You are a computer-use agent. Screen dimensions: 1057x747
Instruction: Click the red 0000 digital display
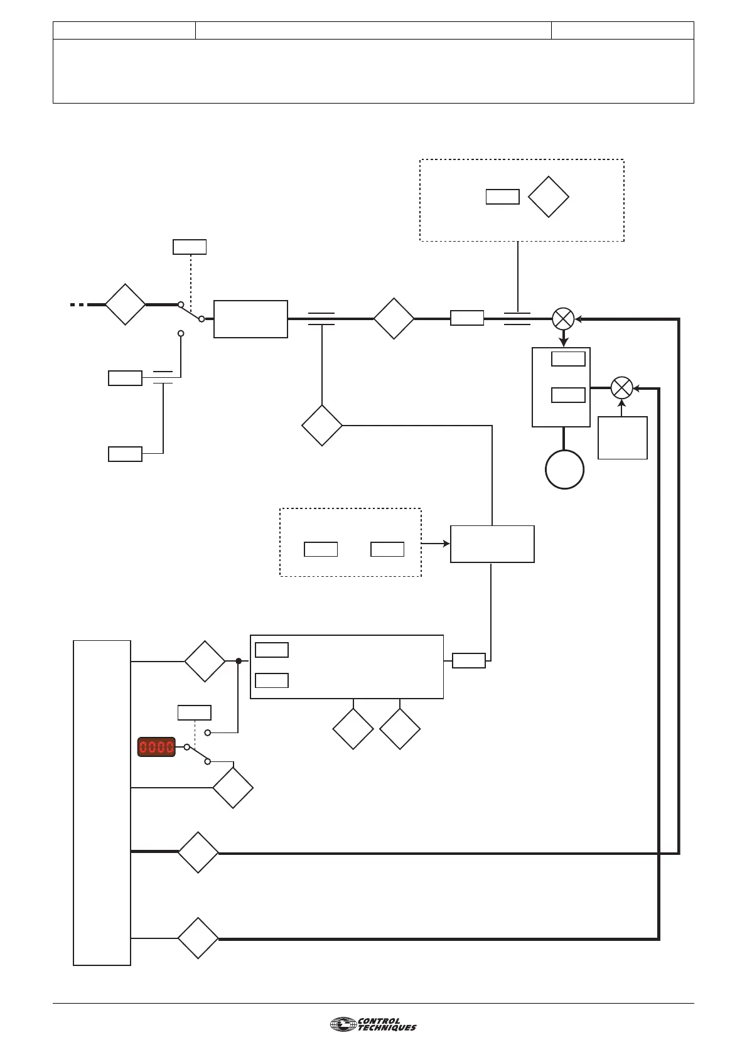coord(156,747)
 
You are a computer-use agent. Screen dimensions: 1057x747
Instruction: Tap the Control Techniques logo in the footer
coord(373,1025)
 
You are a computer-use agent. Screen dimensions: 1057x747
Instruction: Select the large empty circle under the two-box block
coord(564,469)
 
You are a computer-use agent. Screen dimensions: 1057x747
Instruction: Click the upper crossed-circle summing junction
coord(563,319)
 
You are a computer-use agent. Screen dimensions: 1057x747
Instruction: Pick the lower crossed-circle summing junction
coord(621,387)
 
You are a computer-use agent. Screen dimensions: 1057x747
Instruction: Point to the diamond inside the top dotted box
coord(549,196)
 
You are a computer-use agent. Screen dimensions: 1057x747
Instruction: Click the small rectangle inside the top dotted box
coord(502,196)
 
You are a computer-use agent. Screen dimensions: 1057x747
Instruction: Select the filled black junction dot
coord(239,661)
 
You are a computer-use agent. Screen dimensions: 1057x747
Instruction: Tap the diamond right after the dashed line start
coord(125,304)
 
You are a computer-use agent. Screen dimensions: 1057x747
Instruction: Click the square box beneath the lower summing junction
coord(622,437)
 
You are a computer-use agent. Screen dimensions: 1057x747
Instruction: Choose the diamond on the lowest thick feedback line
coord(198,938)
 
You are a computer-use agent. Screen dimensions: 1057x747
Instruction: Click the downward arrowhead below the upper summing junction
coord(563,342)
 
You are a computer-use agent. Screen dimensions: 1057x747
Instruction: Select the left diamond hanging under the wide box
coord(353,729)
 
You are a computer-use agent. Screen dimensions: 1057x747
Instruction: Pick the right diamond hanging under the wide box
coord(400,729)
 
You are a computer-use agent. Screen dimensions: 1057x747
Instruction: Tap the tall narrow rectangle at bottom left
coord(102,802)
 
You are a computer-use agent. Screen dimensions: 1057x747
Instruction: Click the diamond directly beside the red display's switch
coord(233,788)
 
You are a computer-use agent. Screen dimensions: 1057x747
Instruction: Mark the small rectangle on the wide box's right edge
coord(468,660)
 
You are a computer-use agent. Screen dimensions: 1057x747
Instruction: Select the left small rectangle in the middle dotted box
coord(321,549)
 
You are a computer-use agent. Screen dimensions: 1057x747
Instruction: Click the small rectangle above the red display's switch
coord(194,712)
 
